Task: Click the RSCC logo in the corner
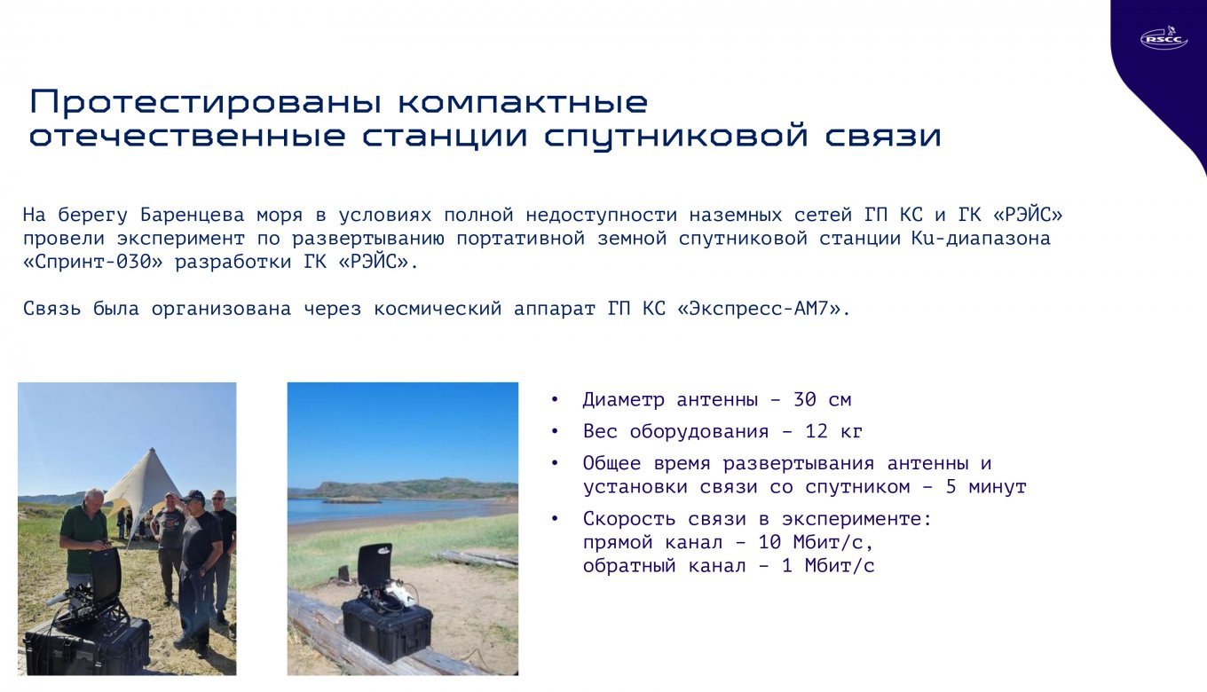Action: coord(1164,38)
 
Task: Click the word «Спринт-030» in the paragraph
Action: coord(92,263)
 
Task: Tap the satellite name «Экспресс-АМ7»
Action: coord(763,309)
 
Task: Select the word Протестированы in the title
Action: coord(206,102)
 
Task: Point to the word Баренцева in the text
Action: coord(192,216)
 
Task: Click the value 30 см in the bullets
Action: coord(822,400)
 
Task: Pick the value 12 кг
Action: coord(834,432)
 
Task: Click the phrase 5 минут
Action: coord(986,487)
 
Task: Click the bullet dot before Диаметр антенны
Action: coord(555,400)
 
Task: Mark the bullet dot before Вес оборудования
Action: coord(555,432)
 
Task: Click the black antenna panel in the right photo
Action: coord(375,564)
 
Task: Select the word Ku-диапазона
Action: coord(981,239)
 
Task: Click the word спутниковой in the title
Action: coord(676,136)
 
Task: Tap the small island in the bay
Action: coord(351,500)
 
